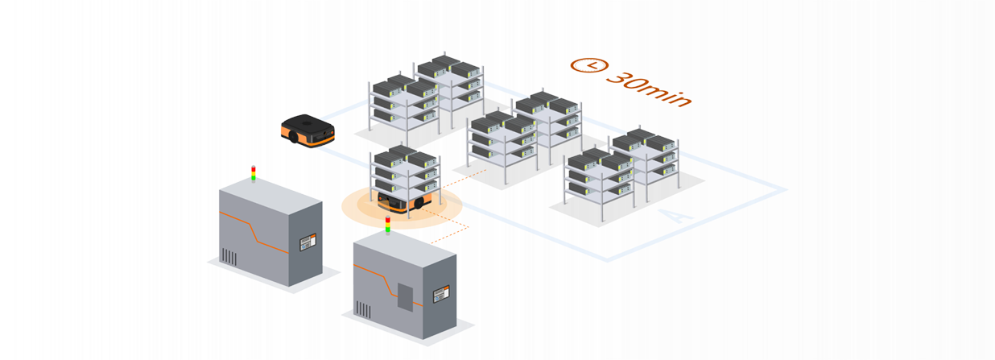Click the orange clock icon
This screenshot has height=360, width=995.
pyautogui.click(x=588, y=64)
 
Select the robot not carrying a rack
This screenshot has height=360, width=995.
pyautogui.click(x=307, y=130)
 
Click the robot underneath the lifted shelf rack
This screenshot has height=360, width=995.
pyautogui.click(x=407, y=201)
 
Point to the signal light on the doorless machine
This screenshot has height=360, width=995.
pyautogui.click(x=254, y=173)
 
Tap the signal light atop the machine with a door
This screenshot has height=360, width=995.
pyautogui.click(x=387, y=224)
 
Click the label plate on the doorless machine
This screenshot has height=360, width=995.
pyautogui.click(x=308, y=241)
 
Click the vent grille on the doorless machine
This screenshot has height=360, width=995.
pyautogui.click(x=229, y=258)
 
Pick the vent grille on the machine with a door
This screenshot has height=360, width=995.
pyautogui.click(x=363, y=309)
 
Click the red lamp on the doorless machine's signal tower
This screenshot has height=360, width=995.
pyautogui.click(x=254, y=168)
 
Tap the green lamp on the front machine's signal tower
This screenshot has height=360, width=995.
pyautogui.click(x=387, y=229)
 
